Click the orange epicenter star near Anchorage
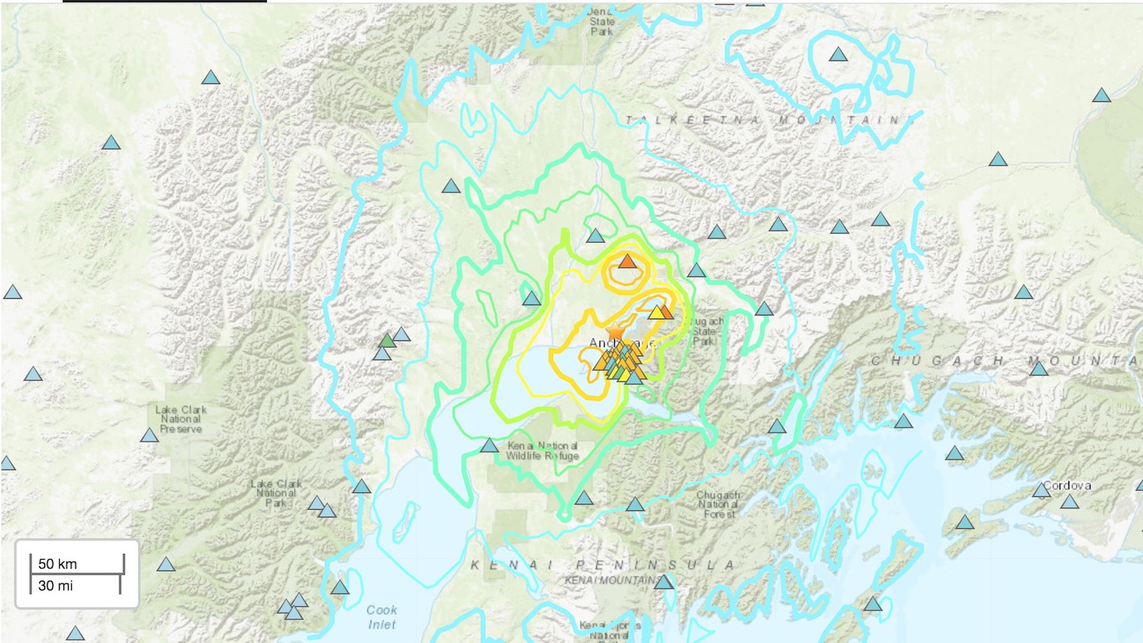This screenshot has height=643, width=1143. click(614, 330)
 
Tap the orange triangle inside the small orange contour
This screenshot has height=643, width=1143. click(627, 261)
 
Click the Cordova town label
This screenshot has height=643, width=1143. click(1067, 485)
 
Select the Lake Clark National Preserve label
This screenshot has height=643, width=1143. click(180, 419)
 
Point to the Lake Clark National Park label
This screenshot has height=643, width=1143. click(276, 493)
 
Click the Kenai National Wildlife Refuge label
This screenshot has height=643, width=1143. click(542, 451)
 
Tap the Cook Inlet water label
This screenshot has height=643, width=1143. click(381, 617)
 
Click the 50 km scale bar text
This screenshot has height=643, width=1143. click(57, 564)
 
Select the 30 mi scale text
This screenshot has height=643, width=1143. click(55, 586)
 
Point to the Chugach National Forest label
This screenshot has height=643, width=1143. click(719, 504)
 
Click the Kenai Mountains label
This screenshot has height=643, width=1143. click(612, 580)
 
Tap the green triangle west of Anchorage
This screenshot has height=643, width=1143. click(387, 341)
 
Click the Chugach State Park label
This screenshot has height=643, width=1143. click(705, 331)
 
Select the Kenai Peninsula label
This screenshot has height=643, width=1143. click(601, 564)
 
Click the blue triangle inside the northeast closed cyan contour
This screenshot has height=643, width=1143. click(838, 55)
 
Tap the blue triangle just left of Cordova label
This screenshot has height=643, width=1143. click(1041, 491)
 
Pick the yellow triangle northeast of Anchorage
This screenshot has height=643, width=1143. click(656, 313)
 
